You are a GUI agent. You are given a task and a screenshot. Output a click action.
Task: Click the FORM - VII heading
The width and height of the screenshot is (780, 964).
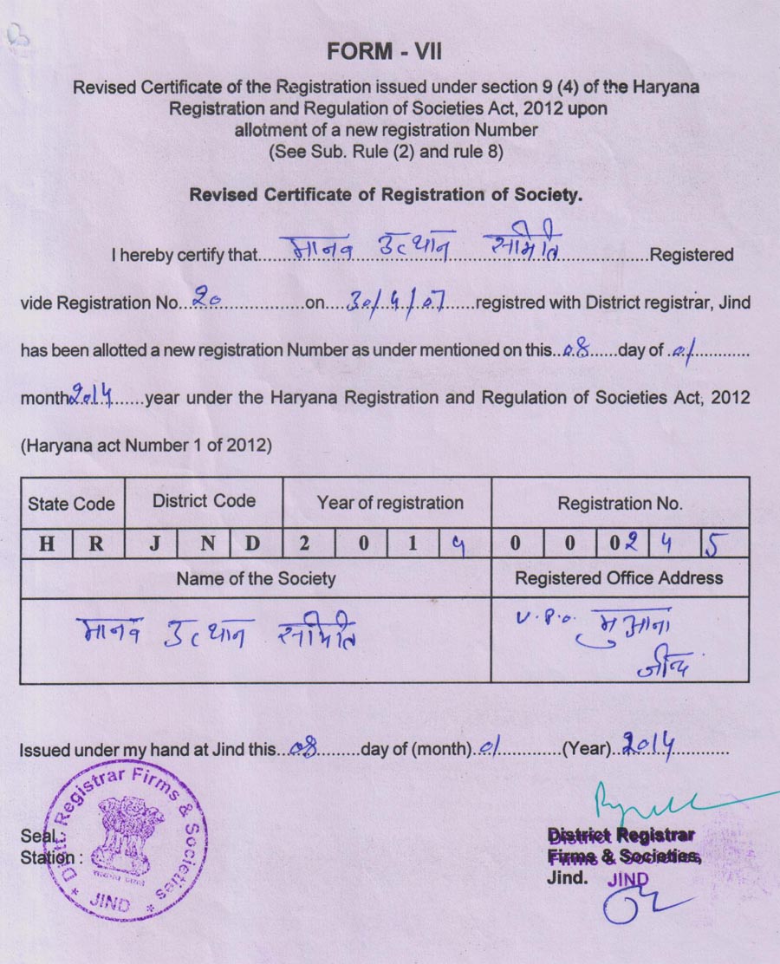pos(385,52)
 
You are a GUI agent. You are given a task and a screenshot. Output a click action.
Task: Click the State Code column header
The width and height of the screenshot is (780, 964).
pos(71,504)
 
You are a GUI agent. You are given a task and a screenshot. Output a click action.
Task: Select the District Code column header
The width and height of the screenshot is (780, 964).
pos(204,501)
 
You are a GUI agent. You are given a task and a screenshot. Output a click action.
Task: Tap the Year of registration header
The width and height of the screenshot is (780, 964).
pos(390,503)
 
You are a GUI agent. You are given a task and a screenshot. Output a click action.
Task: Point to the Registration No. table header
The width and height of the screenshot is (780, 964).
pos(620,503)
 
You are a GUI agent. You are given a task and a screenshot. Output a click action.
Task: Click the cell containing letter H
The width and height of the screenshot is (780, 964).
pos(46,544)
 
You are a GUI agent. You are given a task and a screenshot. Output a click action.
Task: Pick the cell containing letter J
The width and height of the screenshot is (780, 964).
pos(153,544)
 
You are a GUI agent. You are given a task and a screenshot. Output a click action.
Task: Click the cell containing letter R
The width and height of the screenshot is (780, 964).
pos(97,544)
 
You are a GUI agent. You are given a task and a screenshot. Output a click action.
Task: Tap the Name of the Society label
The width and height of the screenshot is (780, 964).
pos(256,578)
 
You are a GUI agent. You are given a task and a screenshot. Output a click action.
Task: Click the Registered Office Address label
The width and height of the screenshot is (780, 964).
pos(619,577)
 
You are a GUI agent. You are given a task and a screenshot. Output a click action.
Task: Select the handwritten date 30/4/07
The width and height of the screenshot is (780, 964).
pos(395,301)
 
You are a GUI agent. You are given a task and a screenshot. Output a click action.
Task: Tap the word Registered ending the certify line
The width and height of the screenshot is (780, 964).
pos(692,255)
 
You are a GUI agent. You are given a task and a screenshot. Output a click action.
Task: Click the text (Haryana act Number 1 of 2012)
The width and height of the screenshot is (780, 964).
pos(146,446)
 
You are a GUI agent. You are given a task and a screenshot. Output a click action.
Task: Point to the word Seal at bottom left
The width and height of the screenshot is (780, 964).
pos(37,837)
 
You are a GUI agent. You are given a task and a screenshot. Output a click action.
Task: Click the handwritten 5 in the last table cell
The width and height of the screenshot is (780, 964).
pos(712,544)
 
